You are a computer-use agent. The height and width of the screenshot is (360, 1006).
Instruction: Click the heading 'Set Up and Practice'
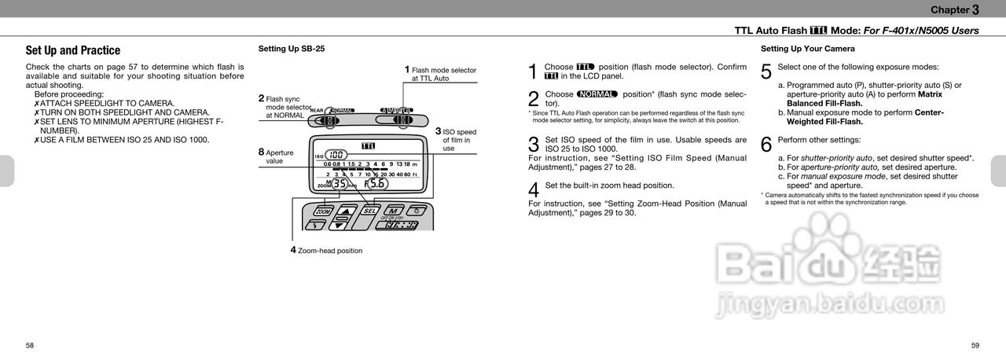pos(73,50)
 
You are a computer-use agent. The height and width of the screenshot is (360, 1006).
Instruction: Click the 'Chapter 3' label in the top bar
pos(954,9)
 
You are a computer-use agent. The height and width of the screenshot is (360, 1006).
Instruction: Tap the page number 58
pos(30,345)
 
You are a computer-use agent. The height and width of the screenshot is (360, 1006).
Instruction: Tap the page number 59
pos(975,345)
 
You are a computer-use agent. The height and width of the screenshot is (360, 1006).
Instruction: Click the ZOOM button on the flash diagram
pos(322,211)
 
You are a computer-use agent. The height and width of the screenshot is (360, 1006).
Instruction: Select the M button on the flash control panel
pos(391,211)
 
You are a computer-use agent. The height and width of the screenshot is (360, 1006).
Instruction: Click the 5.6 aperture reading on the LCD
pos(376,184)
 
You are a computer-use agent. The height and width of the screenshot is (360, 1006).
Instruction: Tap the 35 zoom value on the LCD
pos(339,184)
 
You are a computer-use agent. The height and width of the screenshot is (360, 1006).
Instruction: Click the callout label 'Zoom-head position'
pos(329,251)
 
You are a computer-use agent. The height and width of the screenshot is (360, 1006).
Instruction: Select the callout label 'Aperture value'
pos(279,156)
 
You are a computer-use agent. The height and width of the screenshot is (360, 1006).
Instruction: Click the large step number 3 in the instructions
pos(534,145)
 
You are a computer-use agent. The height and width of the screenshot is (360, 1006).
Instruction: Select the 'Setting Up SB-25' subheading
pos(291,49)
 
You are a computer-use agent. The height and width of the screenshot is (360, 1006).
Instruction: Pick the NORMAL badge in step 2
pos(597,94)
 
